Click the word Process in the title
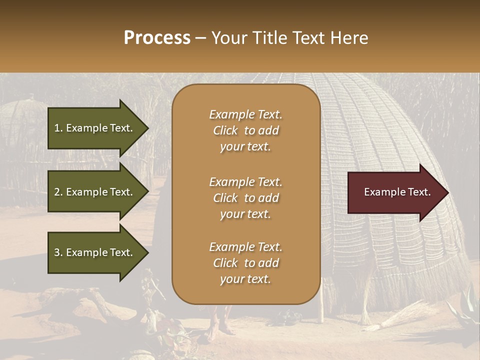tap(157, 38)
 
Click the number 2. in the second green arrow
tap(58, 192)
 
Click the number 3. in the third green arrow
tap(58, 252)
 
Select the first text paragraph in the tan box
tap(245, 130)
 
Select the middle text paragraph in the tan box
tap(245, 198)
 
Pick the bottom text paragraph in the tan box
tap(245, 263)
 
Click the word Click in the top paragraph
tap(225, 130)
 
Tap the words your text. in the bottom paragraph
tap(245, 279)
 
